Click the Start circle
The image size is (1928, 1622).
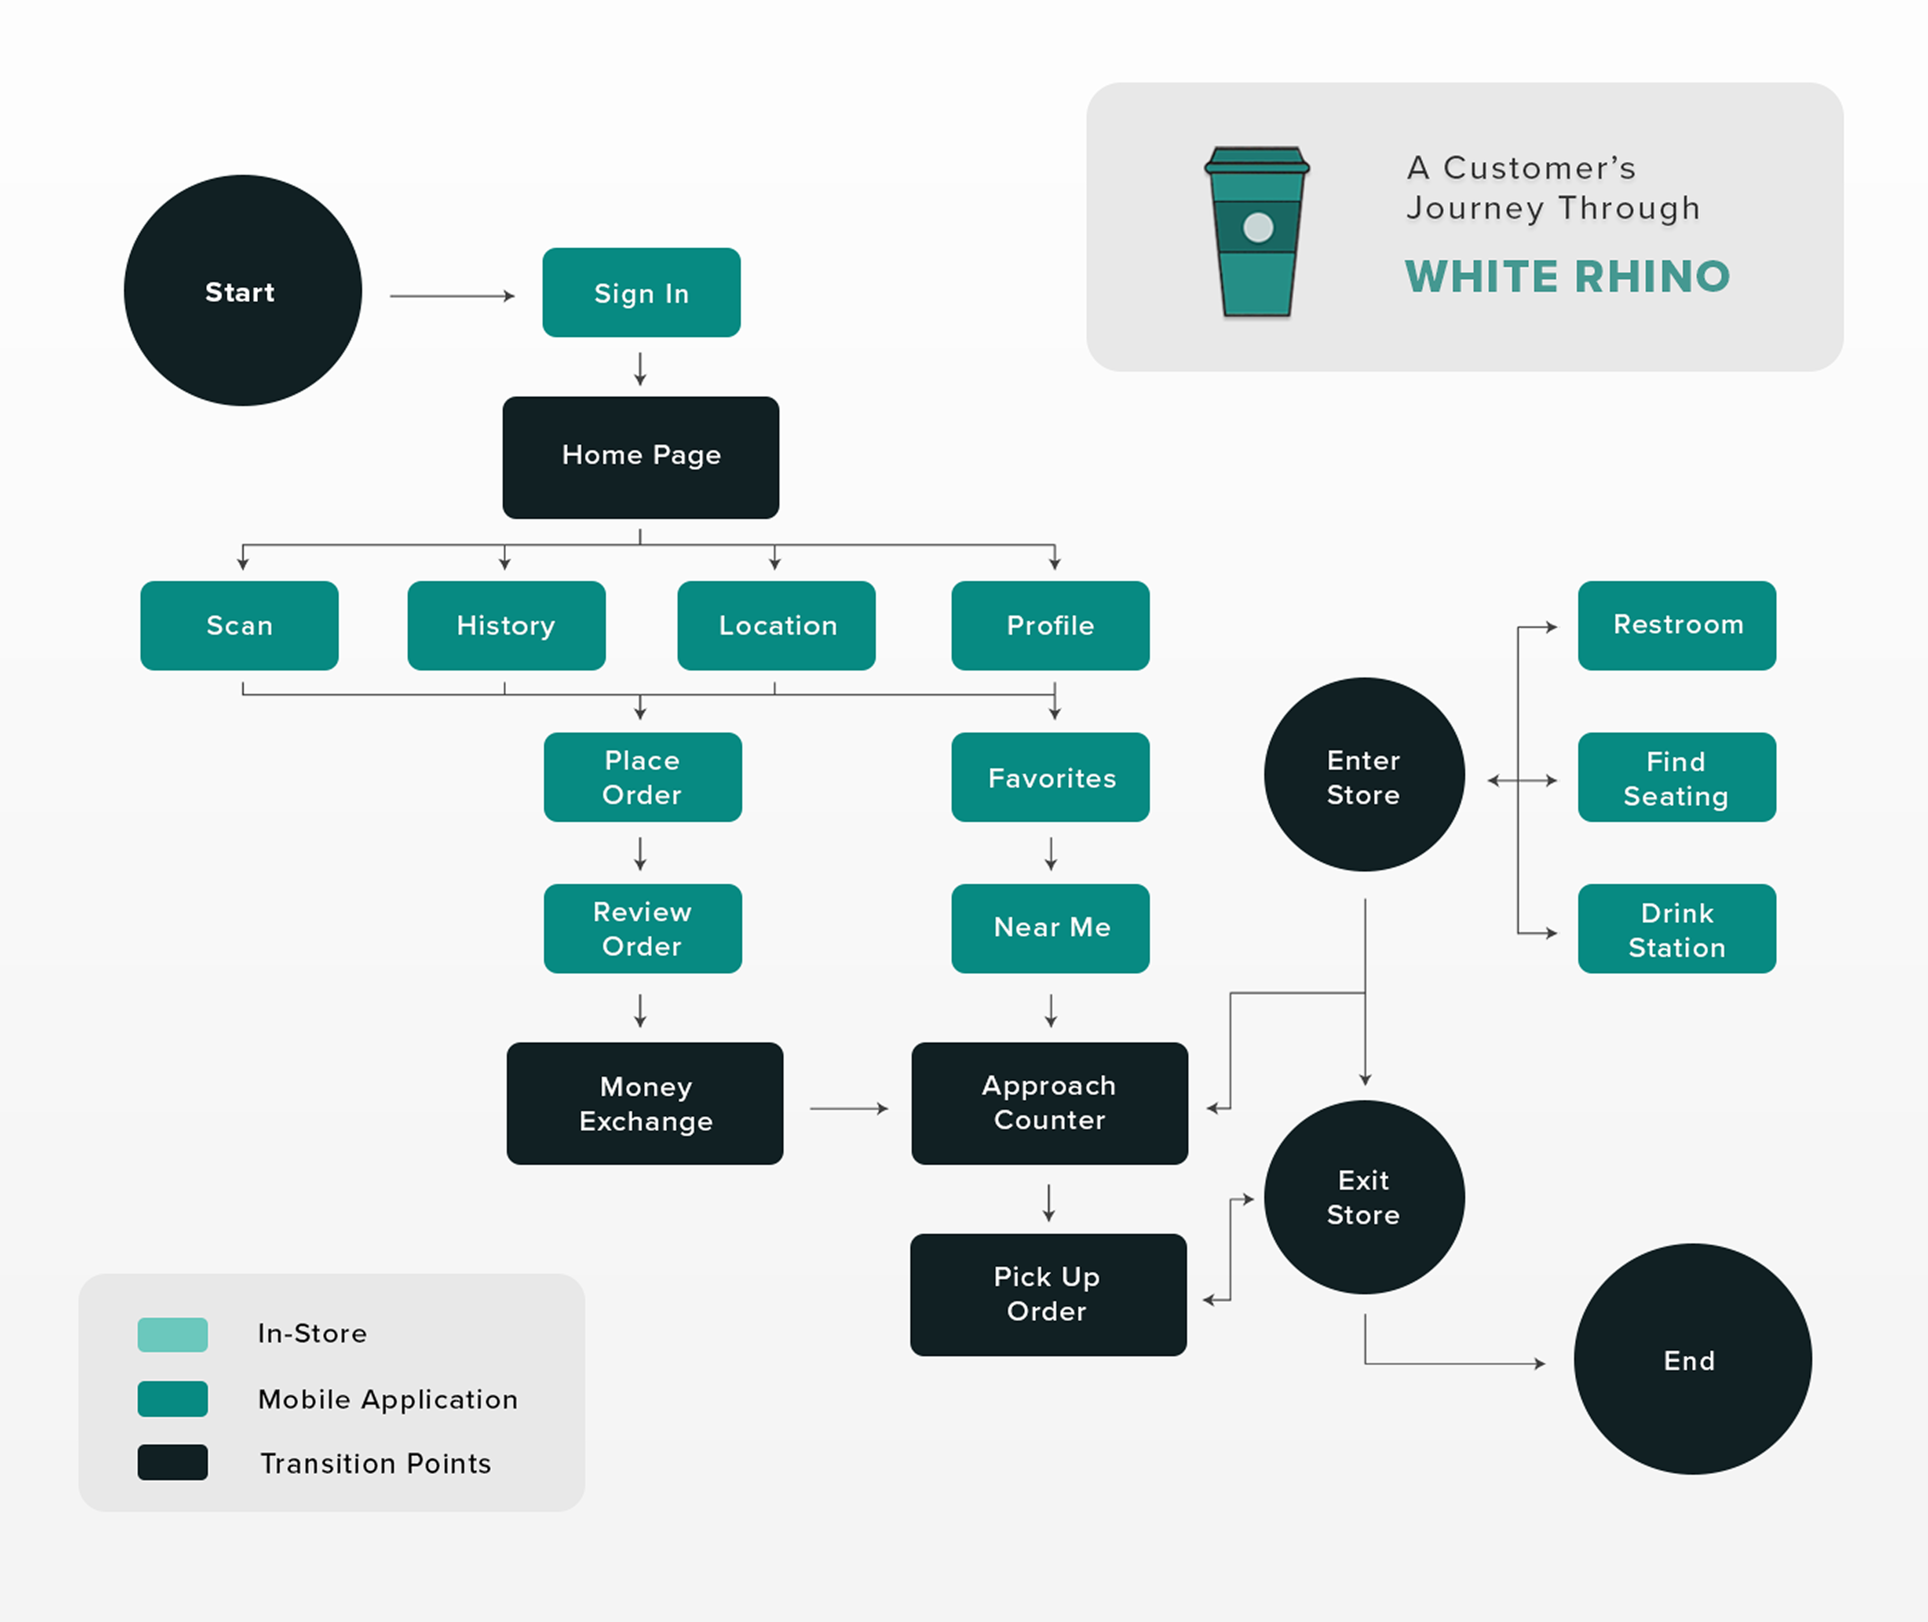tap(243, 291)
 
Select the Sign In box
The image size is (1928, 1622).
tap(641, 293)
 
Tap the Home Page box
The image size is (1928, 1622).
tap(641, 457)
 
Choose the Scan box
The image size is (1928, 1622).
tap(239, 625)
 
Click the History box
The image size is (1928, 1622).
tap(506, 625)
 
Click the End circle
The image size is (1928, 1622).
tap(1692, 1359)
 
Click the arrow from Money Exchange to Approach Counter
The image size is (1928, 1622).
tap(848, 1109)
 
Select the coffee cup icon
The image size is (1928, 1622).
tap(1257, 232)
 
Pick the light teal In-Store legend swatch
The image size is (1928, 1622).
tap(173, 1334)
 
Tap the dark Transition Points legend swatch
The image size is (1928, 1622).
tap(173, 1462)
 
